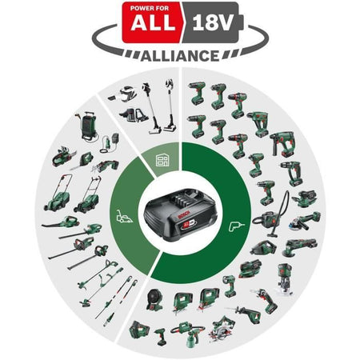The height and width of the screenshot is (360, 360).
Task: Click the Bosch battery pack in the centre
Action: (x=180, y=218)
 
